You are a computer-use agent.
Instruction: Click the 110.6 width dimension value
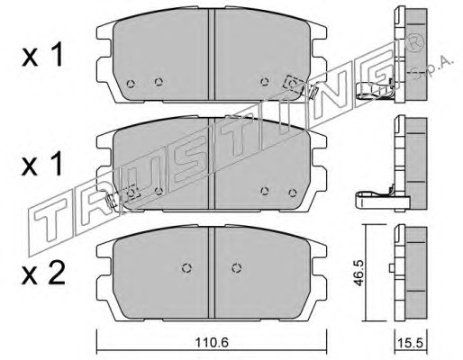pyautogui.click(x=212, y=342)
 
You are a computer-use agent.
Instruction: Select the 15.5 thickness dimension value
pyautogui.click(x=410, y=342)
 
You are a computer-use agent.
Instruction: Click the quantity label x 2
pyautogui.click(x=43, y=273)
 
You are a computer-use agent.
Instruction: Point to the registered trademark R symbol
pyautogui.click(x=415, y=44)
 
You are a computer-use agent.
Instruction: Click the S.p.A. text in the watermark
pyautogui.click(x=431, y=68)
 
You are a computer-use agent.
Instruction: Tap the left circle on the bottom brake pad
pyautogui.click(x=186, y=268)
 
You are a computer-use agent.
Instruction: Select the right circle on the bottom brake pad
pyautogui.click(x=237, y=268)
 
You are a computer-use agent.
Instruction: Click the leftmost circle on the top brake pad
pyautogui.click(x=131, y=84)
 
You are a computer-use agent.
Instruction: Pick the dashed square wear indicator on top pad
pyautogui.click(x=293, y=83)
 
